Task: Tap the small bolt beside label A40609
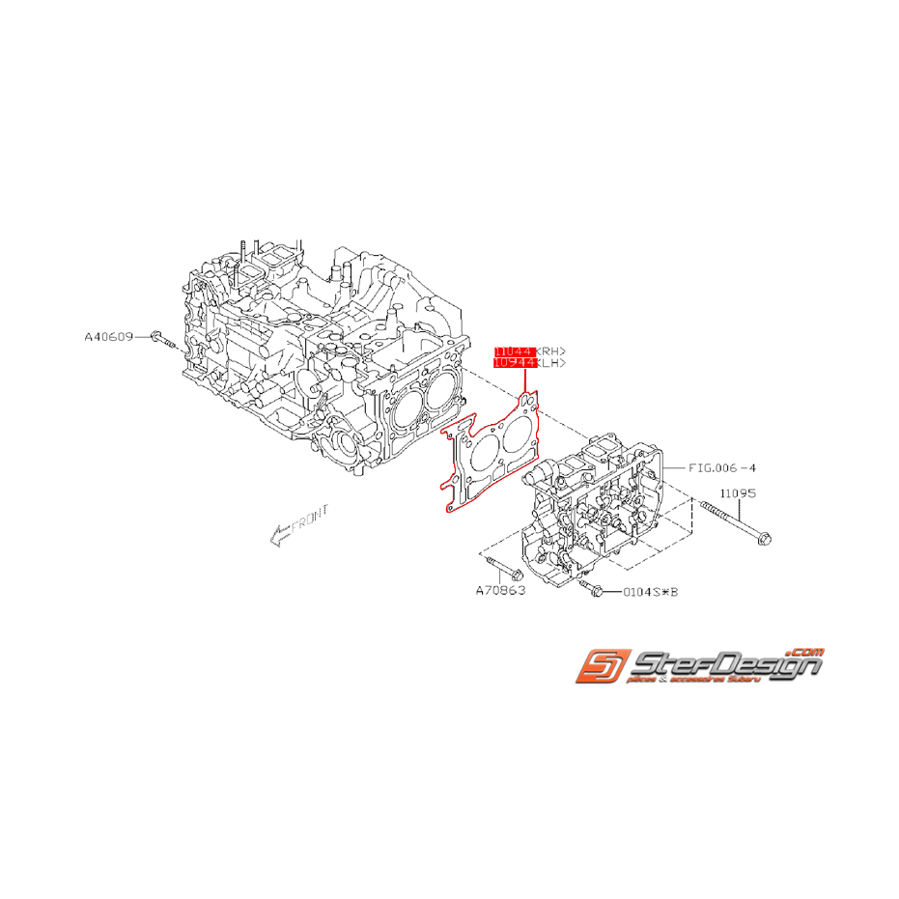[x=161, y=339]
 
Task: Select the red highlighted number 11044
[x=514, y=351]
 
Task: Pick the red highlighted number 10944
[x=514, y=364]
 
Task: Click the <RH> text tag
[x=550, y=351]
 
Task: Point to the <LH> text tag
[x=550, y=364]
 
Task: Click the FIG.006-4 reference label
[x=722, y=467]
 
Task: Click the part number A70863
[x=500, y=590]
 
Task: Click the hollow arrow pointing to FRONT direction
[x=279, y=535]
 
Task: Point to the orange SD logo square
[x=600, y=667]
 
